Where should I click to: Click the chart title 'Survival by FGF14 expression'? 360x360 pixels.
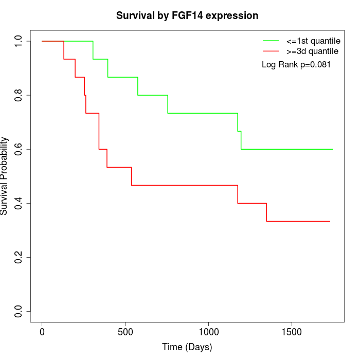(x=187, y=15)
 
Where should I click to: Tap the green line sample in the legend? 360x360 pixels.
(x=271, y=41)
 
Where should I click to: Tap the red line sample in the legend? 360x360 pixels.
(x=271, y=51)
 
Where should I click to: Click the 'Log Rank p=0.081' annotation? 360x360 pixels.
(x=296, y=65)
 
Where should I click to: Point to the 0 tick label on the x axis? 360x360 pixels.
(x=42, y=332)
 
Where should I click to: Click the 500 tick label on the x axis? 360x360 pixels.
(x=125, y=332)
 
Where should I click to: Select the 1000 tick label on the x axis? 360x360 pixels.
(x=209, y=332)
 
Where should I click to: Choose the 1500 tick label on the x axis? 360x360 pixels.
(x=292, y=332)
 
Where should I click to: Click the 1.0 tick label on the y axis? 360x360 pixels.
(x=19, y=41)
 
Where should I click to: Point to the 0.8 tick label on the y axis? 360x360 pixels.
(x=19, y=95)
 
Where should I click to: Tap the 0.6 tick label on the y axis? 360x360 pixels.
(x=19, y=149)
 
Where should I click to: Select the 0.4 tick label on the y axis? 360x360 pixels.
(x=19, y=203)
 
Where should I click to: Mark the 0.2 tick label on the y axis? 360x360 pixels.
(x=19, y=257)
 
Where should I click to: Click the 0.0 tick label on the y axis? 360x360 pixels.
(x=19, y=311)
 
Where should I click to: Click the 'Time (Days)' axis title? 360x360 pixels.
(x=187, y=347)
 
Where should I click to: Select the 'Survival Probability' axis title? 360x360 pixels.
(x=5, y=176)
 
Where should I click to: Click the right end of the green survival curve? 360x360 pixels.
(x=333, y=149)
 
